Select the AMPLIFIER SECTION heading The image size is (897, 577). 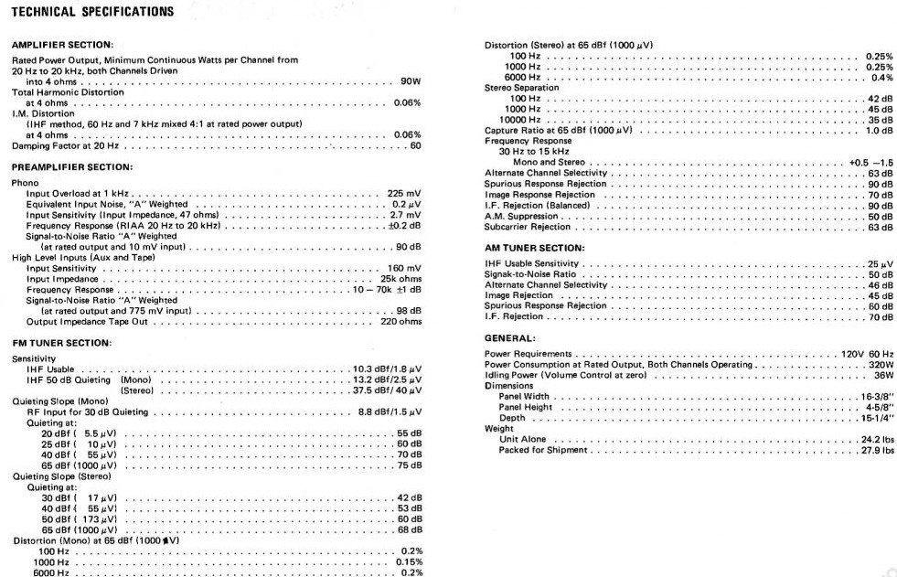[62, 45]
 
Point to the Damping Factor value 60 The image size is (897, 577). [416, 145]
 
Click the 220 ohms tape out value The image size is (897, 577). [401, 321]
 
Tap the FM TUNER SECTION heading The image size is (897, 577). [61, 342]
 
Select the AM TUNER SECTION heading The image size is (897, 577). [534, 247]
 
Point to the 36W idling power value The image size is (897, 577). [881, 375]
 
